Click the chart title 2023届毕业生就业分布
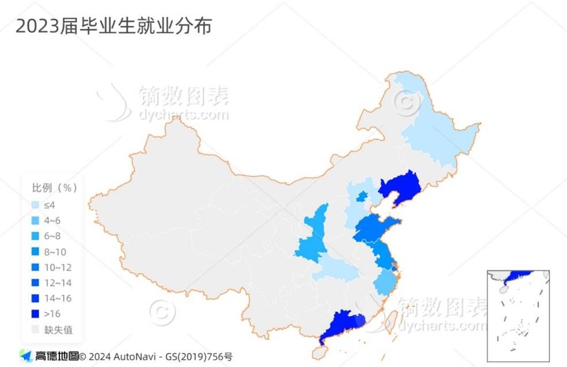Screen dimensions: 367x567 click(113, 26)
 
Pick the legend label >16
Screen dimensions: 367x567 click(52, 314)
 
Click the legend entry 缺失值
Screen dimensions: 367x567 click(58, 330)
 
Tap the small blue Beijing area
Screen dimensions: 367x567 click(362, 197)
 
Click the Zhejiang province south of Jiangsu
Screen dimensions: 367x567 click(385, 284)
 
